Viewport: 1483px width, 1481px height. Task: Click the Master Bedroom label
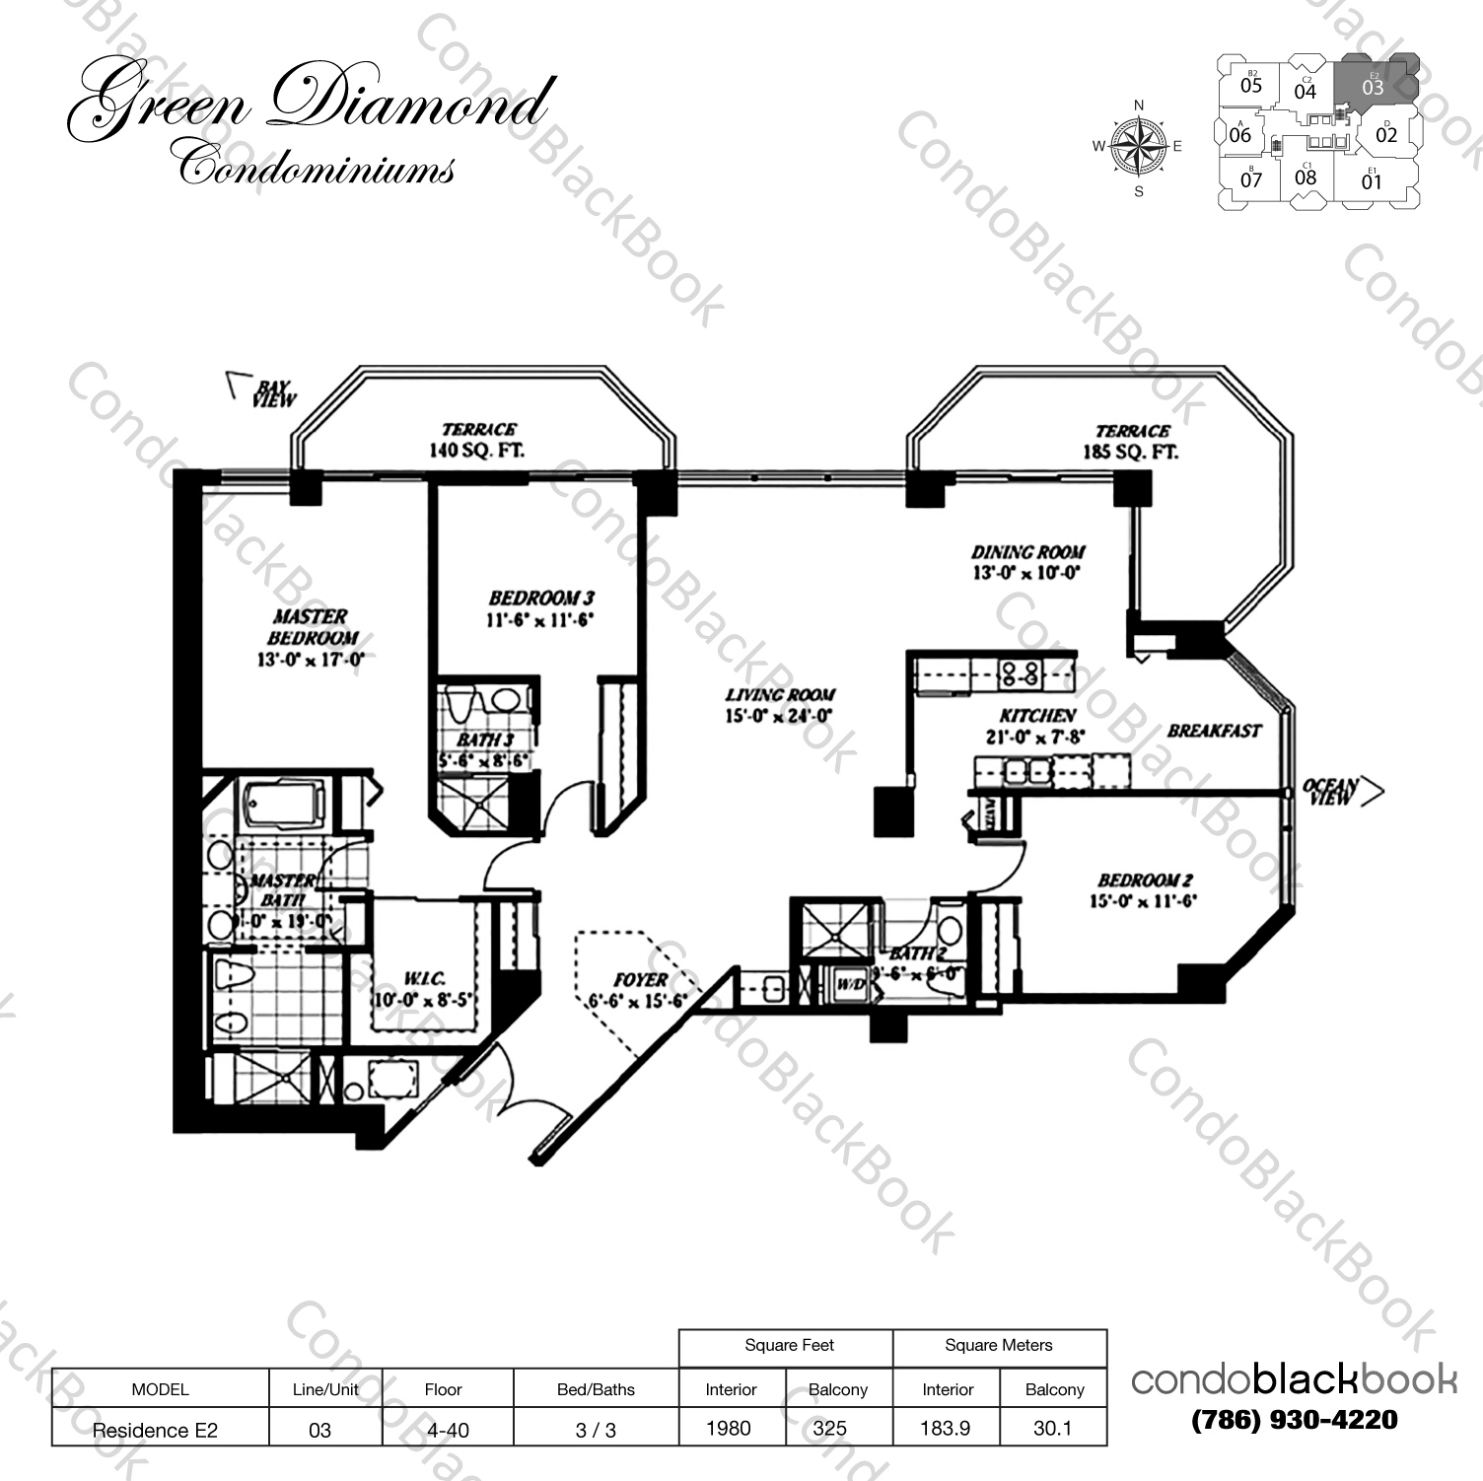pos(311,627)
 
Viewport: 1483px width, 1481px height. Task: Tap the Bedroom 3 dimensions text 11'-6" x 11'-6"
pos(540,621)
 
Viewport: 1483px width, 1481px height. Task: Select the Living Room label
pos(780,695)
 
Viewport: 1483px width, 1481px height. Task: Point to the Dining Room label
pos(1027,552)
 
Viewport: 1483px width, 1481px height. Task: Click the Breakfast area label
pos(1214,731)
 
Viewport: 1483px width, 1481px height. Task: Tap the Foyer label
pos(640,979)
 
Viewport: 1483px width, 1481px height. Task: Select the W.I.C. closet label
pos(424,978)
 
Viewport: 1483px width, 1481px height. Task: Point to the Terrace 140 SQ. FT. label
pos(478,441)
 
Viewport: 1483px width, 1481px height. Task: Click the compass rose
pos(1139,146)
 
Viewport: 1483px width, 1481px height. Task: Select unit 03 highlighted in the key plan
pos(1373,85)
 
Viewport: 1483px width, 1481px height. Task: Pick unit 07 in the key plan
pos(1251,179)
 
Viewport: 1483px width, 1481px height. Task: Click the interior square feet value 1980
pos(729,1428)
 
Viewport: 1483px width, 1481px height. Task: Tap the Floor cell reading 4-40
pos(443,1429)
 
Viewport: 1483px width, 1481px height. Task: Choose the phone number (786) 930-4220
pos(1294,1419)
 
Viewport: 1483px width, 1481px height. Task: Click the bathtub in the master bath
pos(284,804)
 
